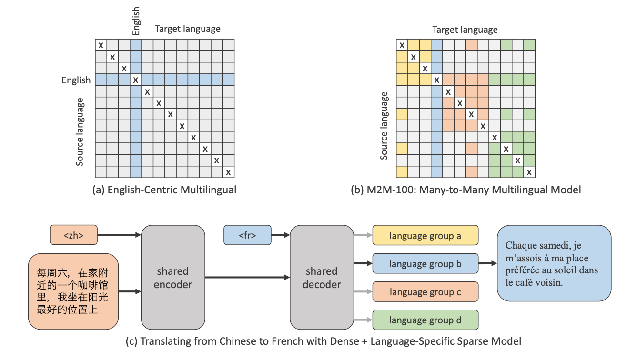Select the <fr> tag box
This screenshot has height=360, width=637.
tap(247, 235)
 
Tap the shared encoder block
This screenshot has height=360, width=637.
tap(172, 278)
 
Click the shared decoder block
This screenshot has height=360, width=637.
tap(321, 278)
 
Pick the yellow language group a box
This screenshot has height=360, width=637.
tap(425, 236)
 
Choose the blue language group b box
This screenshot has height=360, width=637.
tap(425, 264)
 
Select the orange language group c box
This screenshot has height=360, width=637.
tap(425, 292)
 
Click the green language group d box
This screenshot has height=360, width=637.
tap(425, 320)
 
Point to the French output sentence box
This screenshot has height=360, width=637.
tap(554, 263)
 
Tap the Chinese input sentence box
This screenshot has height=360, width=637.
tap(73, 291)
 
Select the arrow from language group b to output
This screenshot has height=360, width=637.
tap(487, 263)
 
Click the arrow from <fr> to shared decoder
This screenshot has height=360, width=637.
tap(281, 235)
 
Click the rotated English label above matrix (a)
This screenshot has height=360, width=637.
tap(136, 20)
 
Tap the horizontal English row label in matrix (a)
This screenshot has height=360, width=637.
tap(76, 80)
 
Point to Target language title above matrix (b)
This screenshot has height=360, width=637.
tap(465, 30)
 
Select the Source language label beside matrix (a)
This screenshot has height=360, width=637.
tap(80, 132)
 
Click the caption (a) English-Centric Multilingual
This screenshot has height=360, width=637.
tap(164, 190)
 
